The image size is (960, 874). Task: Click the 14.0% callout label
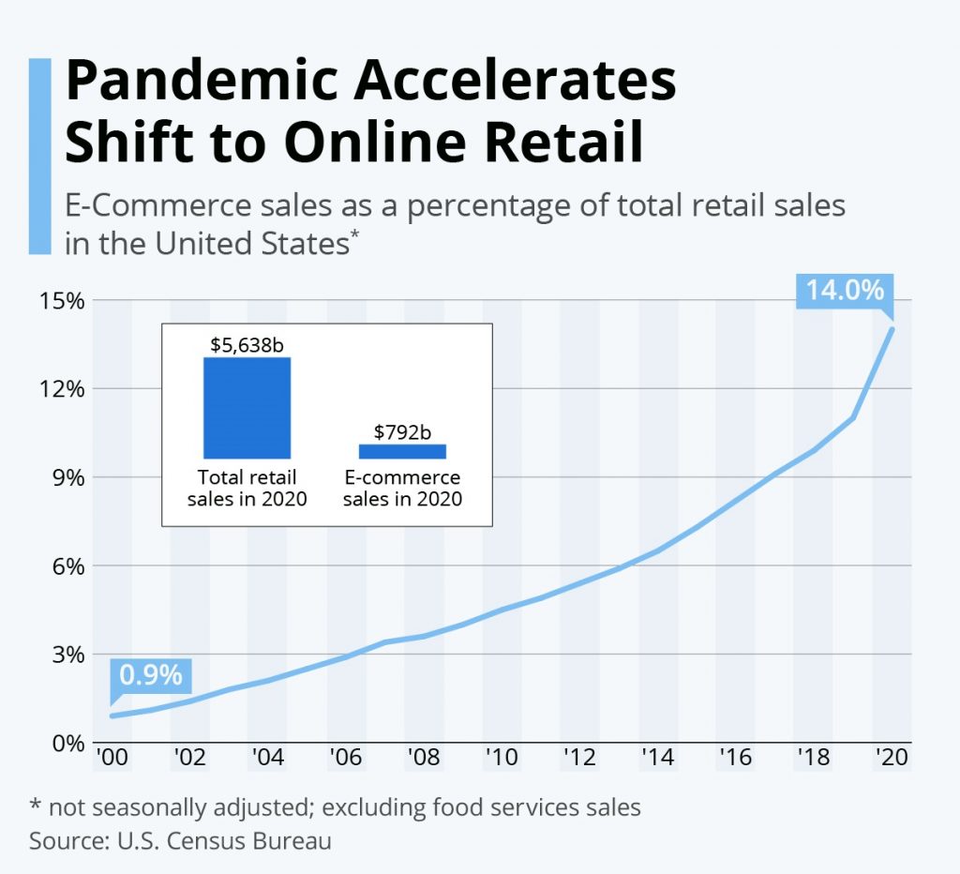click(845, 291)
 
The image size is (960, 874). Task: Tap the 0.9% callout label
click(151, 675)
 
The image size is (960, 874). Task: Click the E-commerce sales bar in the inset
click(402, 451)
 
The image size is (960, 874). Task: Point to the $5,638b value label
click(247, 344)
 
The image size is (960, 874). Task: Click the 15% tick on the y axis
click(61, 301)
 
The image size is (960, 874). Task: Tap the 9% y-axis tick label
click(67, 477)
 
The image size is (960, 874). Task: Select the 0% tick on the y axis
click(67, 743)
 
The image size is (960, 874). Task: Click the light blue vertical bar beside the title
click(39, 156)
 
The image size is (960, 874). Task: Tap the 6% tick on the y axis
click(67, 566)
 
